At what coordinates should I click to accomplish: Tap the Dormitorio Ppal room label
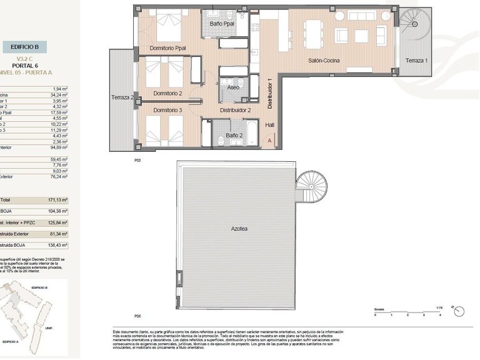[167, 48]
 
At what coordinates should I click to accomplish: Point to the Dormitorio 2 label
[167, 93]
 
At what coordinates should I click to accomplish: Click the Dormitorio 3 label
[167, 110]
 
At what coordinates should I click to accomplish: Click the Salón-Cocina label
[324, 61]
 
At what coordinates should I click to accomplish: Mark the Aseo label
[233, 87]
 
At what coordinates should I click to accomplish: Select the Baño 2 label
[234, 135]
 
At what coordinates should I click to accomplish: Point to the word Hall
[270, 125]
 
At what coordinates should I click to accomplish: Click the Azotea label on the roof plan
[239, 229]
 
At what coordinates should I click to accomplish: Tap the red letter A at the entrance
[269, 141]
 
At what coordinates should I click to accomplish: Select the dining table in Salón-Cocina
[313, 31]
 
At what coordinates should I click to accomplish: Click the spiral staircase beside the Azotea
[311, 186]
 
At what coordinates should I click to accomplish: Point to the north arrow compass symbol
[460, 311]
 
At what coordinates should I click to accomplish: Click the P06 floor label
[137, 316]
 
